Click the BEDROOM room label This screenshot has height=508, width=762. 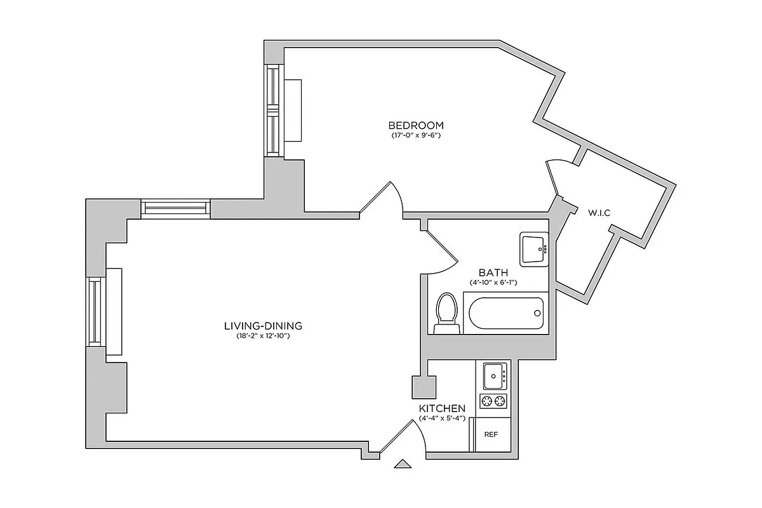[416, 125]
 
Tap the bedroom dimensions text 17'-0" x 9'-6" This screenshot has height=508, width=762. [416, 135]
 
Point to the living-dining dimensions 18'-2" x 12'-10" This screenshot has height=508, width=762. [262, 336]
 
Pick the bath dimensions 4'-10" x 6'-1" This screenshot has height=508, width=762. [493, 282]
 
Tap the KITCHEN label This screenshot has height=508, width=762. [443, 408]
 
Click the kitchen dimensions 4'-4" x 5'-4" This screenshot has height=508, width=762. [443, 418]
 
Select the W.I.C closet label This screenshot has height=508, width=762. [599, 213]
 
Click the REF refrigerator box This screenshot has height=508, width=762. [491, 435]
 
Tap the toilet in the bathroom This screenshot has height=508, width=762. [447, 313]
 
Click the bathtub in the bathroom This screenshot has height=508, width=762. [505, 313]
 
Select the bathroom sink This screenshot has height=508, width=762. [533, 249]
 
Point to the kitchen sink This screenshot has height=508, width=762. [494, 376]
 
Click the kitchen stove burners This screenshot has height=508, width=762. [494, 401]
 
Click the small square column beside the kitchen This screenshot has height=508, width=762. [424, 387]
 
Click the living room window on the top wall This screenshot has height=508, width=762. [175, 208]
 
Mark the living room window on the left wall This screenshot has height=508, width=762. [95, 311]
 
